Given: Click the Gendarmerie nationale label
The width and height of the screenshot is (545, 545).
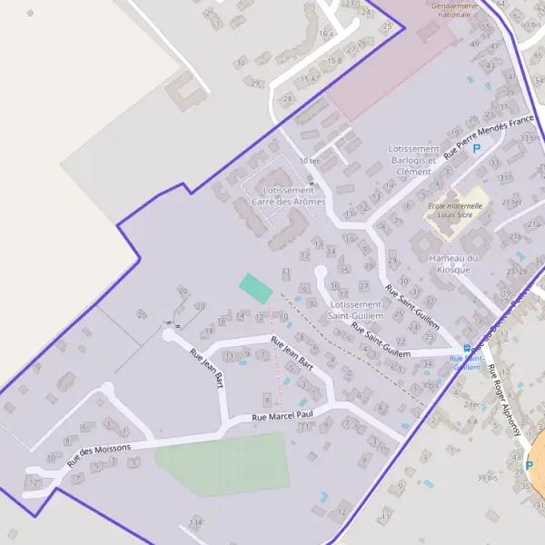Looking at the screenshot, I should click(452, 10).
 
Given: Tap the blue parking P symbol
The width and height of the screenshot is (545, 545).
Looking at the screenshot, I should click(476, 147).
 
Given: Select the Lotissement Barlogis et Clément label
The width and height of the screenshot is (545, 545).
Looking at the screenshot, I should click(413, 160).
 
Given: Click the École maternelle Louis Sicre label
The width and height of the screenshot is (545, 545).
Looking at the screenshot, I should click(454, 211).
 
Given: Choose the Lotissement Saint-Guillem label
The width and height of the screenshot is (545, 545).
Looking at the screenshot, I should click(354, 310).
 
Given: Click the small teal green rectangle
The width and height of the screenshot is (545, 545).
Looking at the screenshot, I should click(255, 288).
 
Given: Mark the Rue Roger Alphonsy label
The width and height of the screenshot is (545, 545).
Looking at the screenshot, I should click(506, 401).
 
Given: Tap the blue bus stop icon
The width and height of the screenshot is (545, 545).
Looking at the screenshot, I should click(467, 348).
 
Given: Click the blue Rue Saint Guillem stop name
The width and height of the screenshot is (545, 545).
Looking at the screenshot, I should click(466, 363).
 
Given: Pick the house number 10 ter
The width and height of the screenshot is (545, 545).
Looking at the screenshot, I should click(309, 161).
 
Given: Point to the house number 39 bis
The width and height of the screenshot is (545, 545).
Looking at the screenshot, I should click(488, 477).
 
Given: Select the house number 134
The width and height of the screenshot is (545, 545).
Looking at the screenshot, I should click(193, 523).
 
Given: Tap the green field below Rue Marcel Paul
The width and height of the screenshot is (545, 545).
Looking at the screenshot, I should click(223, 464).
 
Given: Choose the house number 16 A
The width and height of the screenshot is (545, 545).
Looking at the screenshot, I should click(326, 34).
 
